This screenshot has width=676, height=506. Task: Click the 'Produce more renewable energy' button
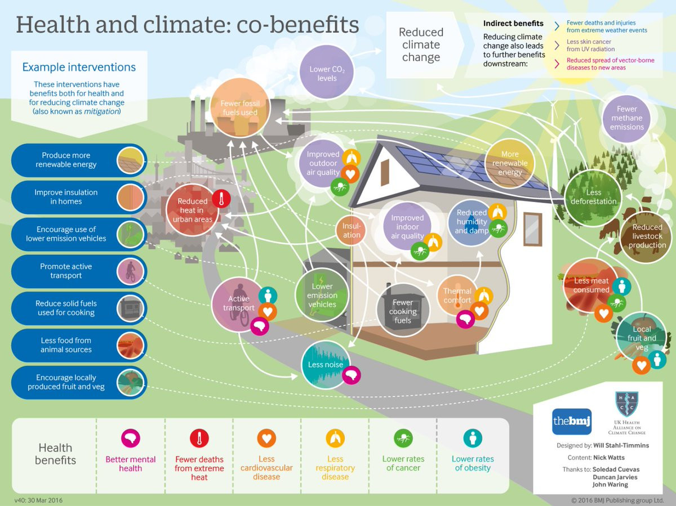point(79,160)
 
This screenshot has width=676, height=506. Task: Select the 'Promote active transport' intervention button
point(79,271)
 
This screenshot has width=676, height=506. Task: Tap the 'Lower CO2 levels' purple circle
point(327,72)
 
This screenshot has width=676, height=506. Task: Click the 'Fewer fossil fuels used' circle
point(240,108)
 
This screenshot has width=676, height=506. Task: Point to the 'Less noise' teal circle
point(326,365)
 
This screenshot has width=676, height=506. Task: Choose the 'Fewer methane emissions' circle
point(626,118)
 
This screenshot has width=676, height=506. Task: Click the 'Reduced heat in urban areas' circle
point(193,210)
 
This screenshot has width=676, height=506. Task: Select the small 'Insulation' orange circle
point(352,230)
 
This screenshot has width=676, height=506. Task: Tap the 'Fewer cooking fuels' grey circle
point(403,311)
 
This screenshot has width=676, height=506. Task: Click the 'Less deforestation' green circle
point(593,197)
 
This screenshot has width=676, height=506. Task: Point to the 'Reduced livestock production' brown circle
point(647,236)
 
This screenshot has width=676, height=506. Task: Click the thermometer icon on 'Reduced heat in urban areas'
point(221,199)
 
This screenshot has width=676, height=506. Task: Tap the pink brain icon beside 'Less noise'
point(352,375)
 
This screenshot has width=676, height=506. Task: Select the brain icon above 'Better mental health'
point(131,438)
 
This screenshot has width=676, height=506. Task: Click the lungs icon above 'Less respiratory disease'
point(335,438)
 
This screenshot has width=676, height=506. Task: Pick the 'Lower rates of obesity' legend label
point(473,463)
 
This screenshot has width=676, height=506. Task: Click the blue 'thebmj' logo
point(572,422)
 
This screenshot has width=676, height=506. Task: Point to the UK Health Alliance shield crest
point(627,404)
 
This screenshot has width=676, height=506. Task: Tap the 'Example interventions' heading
point(79,67)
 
